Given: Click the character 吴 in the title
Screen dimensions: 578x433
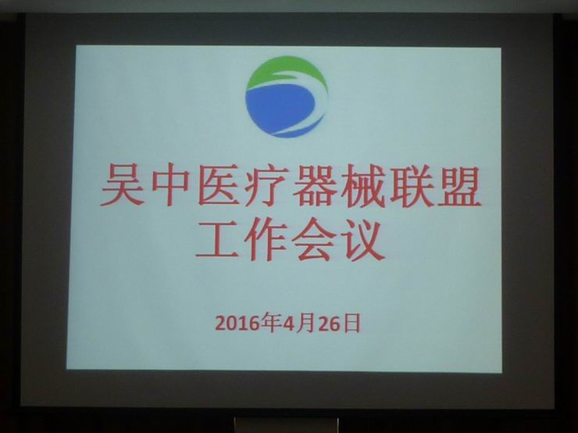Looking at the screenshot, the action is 123,185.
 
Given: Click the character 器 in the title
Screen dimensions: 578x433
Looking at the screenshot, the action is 316,185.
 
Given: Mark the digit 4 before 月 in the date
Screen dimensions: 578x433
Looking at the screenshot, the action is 290,324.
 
